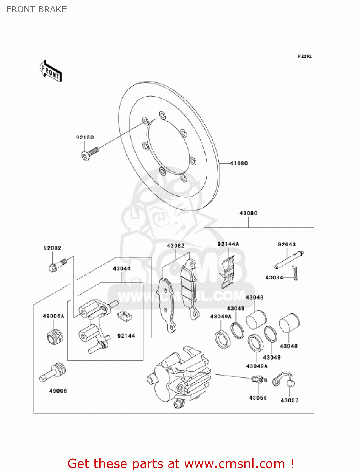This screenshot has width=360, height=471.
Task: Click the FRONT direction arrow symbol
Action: click(51, 71)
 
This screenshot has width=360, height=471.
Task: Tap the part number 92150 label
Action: click(85, 138)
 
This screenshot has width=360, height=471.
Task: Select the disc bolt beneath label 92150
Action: click(90, 154)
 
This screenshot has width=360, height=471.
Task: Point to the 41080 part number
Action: click(239, 163)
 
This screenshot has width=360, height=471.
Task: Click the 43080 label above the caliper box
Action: click(248, 213)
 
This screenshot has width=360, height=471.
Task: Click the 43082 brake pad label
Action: click(176, 246)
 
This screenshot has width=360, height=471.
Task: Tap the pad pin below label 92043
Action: click(289, 260)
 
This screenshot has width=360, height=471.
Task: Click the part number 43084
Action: click(274, 278)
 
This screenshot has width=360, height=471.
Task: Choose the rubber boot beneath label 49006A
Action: click(55, 337)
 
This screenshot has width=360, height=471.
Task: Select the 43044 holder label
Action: click(122, 268)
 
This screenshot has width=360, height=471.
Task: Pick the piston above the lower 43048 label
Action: click(289, 323)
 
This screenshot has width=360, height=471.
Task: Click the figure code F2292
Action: click(305, 56)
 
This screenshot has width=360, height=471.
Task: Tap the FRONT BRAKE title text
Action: click(37, 9)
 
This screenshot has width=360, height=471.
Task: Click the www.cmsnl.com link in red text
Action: click(234, 463)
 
